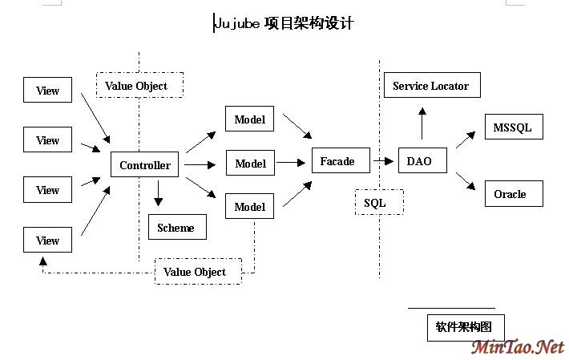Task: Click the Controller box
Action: pyautogui.click(x=144, y=165)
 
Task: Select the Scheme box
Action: pyautogui.click(x=176, y=228)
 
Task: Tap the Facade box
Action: pyautogui.click(x=337, y=161)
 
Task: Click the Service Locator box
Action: pyautogui.click(x=431, y=86)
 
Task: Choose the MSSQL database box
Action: pyautogui.click(x=512, y=127)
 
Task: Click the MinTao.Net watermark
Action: pyautogui.click(x=517, y=347)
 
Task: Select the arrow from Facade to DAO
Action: pyautogui.click(x=382, y=161)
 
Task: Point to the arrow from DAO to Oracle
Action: pyautogui.click(x=466, y=181)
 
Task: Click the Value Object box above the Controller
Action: pyautogui.click(x=139, y=85)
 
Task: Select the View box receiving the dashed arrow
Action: pyautogui.click(x=48, y=241)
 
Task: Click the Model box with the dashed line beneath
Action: pyautogui.click(x=250, y=207)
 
